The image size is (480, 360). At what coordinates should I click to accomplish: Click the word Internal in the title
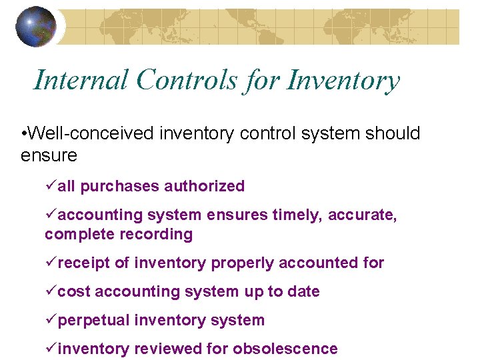point(80,81)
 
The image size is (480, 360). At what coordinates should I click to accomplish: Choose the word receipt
point(85,263)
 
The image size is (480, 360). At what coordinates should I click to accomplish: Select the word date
point(303,292)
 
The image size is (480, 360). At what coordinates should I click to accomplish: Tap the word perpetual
point(94,321)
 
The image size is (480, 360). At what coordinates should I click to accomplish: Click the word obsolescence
point(285,349)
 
